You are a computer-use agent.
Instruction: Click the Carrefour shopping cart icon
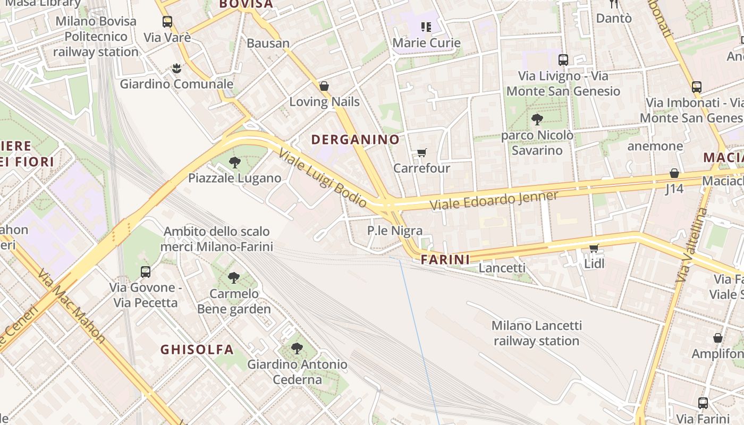pyautogui.click(x=422, y=153)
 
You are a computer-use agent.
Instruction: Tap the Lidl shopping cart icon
pyautogui.click(x=594, y=248)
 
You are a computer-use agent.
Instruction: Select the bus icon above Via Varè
pyautogui.click(x=167, y=22)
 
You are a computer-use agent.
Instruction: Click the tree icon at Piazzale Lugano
pyautogui.click(x=234, y=163)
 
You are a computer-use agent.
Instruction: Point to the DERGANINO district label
pyautogui.click(x=355, y=140)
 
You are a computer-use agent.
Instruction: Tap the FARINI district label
pyautogui.click(x=445, y=260)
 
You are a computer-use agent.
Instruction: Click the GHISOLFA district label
pyautogui.click(x=197, y=350)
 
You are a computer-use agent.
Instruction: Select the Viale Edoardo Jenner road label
pyautogui.click(x=494, y=200)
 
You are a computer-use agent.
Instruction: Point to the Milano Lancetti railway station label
pyautogui.click(x=536, y=333)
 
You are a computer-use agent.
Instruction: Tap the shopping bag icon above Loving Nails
pyautogui.click(x=324, y=86)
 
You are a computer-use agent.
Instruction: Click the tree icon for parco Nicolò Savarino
pyautogui.click(x=537, y=120)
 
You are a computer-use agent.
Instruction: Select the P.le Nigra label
pyautogui.click(x=395, y=231)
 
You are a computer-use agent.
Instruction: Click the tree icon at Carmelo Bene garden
pyautogui.click(x=233, y=278)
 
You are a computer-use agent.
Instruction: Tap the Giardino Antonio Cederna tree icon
pyautogui.click(x=297, y=348)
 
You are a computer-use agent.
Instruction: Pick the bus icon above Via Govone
pyautogui.click(x=146, y=272)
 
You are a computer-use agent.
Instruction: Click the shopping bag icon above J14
pyautogui.click(x=674, y=173)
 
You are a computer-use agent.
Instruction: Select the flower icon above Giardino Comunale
pyautogui.click(x=176, y=68)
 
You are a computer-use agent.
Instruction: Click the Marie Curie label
pyautogui.click(x=426, y=42)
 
